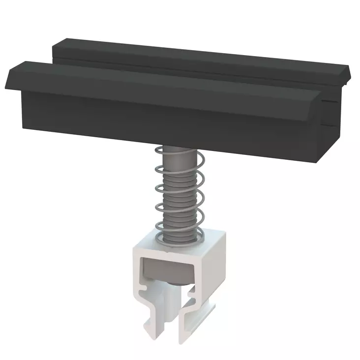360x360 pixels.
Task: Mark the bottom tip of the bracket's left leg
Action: (148, 333)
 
